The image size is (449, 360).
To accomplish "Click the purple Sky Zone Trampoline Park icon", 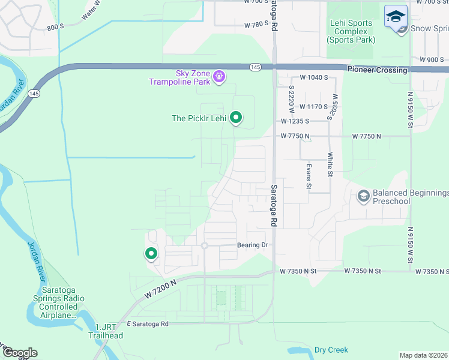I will [220, 76].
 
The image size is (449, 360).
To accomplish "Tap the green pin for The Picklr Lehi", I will [236, 118].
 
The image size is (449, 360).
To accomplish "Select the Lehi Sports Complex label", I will [351, 32].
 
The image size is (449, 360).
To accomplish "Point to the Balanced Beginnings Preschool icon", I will [363, 196].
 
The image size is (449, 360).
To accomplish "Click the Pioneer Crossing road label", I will [377, 70].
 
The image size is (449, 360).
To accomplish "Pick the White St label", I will [330, 165].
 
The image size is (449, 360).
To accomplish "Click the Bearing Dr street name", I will [252, 245].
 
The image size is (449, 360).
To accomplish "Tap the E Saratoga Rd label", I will [148, 323].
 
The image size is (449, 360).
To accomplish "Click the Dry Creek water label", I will [331, 350].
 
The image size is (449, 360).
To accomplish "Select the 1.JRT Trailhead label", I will [109, 331].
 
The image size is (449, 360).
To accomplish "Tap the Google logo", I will [19, 353].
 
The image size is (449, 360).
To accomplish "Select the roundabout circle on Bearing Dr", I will [205, 245].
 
